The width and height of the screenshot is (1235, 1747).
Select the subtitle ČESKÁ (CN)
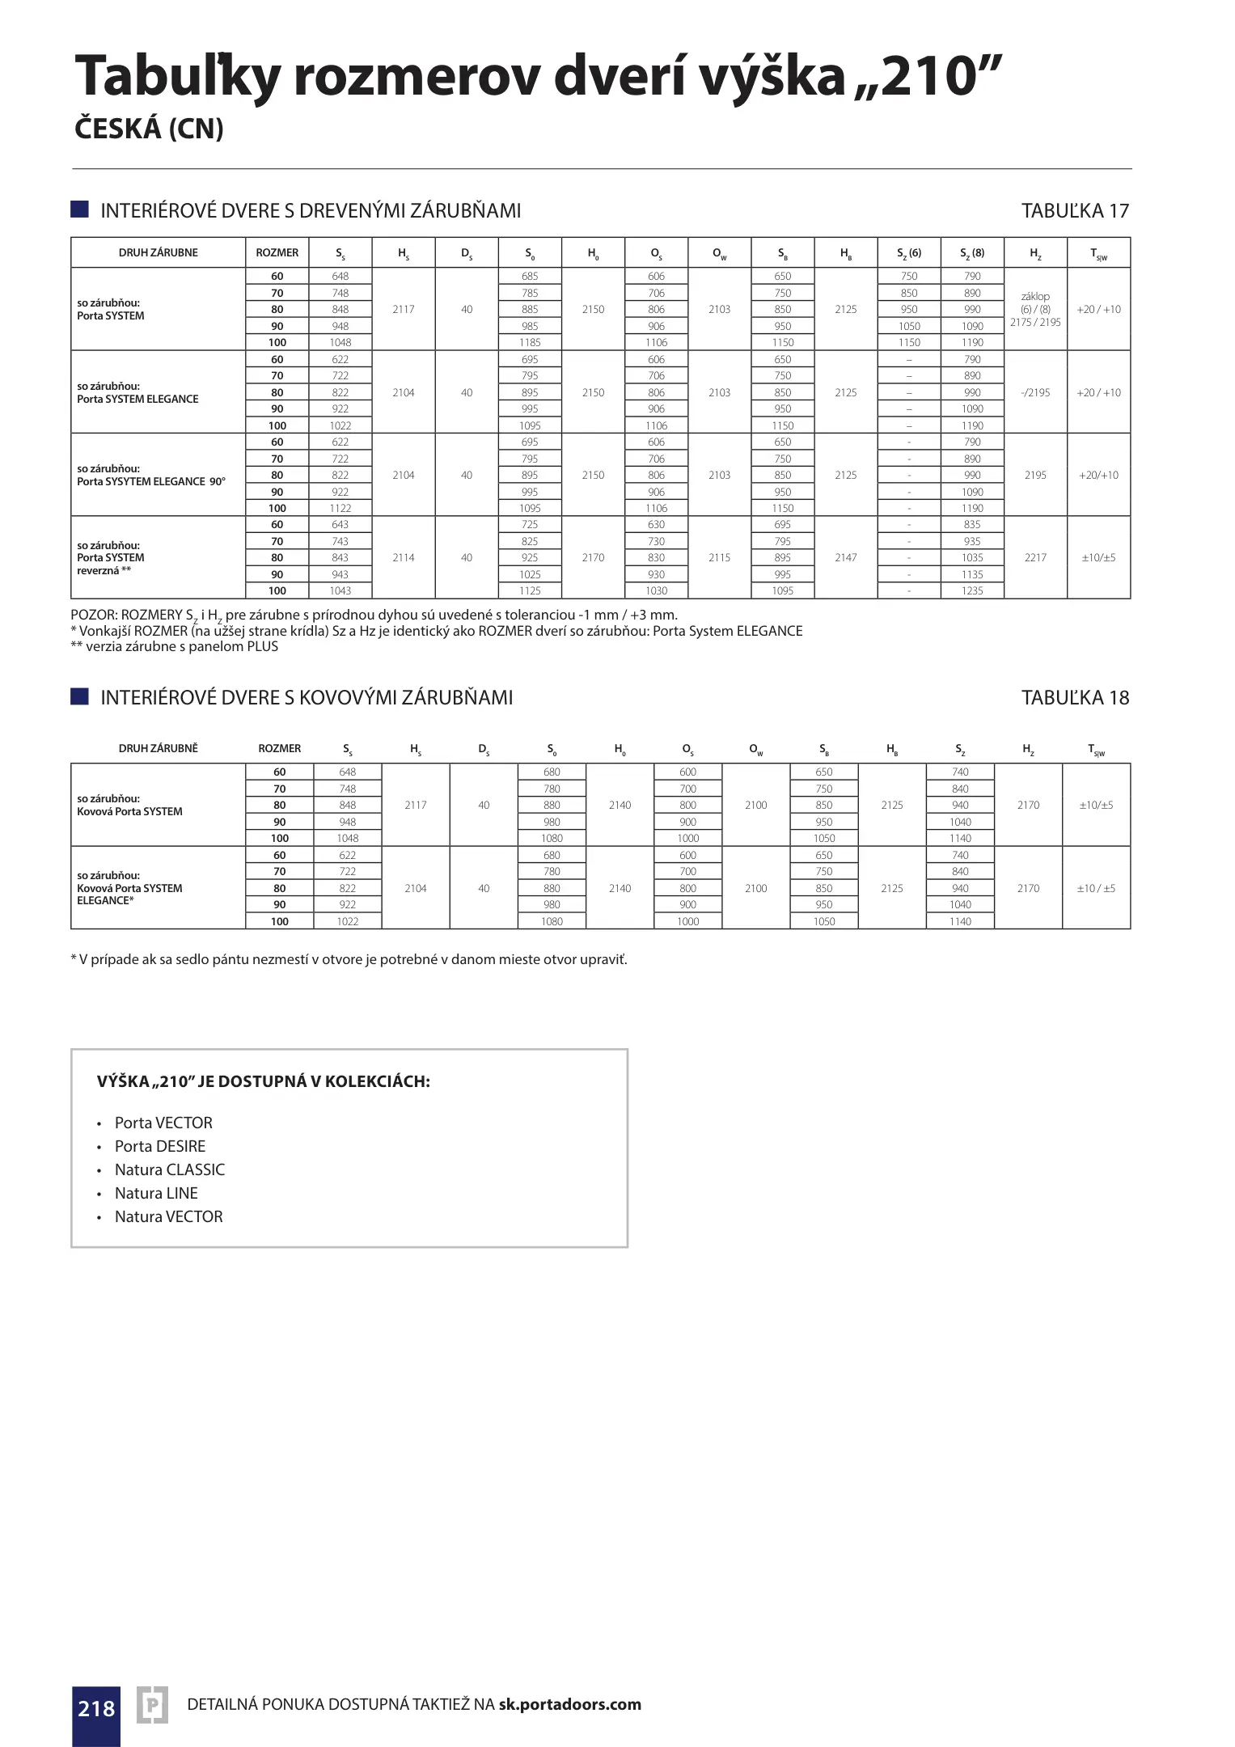coord(149,129)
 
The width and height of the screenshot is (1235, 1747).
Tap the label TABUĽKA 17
coord(1075,211)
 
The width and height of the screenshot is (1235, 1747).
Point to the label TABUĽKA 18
coord(1075,698)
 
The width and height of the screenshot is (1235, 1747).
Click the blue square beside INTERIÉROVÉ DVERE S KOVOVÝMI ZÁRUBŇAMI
coord(79,697)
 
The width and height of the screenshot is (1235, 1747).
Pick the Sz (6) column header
coord(909,253)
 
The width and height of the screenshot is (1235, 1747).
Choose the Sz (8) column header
coord(972,253)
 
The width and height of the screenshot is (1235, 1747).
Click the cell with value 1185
coord(530,342)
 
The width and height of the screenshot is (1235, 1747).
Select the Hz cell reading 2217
coord(1035,558)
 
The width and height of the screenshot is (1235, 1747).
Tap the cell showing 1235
coord(972,591)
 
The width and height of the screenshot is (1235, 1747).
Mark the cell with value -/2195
coord(1035,393)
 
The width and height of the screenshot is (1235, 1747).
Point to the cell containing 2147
coord(846,558)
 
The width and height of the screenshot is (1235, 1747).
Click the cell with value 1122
coord(340,509)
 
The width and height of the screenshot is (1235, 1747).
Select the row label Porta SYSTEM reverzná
coord(111,558)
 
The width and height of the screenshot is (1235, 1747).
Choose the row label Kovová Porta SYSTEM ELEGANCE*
coord(129,888)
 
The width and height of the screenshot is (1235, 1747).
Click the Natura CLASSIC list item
coord(170,1170)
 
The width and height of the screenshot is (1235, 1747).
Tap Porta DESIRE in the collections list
coord(160,1146)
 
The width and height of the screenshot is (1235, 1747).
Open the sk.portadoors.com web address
coord(569,1704)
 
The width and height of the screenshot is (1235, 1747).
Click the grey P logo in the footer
coord(152,1707)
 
